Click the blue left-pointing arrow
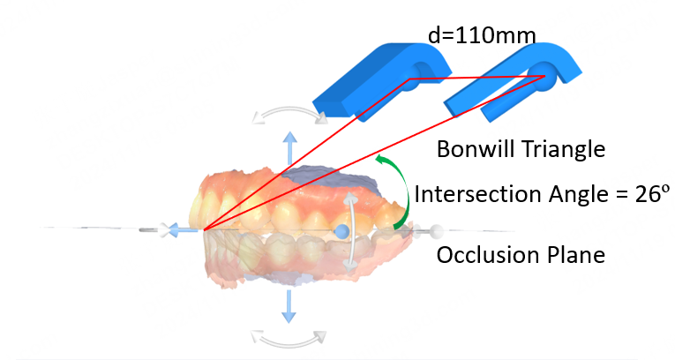pos(182,230)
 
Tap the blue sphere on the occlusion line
pos(342,231)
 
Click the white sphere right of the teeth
pos(435,232)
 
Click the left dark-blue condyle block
pos(362,84)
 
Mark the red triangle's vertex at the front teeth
pos(204,230)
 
